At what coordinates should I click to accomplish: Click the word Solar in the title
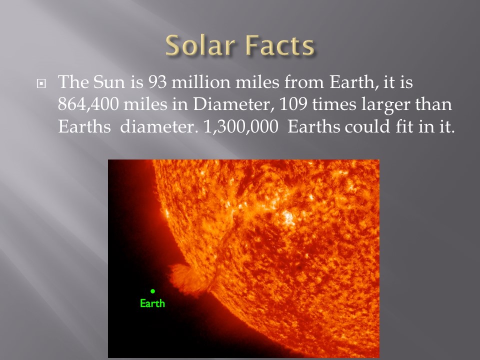[x=200, y=45]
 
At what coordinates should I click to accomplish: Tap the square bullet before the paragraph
[x=41, y=83]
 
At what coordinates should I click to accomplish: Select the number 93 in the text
[x=156, y=82]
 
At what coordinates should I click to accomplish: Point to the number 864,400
[x=88, y=104]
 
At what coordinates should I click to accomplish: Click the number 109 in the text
[x=293, y=104]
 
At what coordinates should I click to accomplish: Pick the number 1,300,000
[x=240, y=126]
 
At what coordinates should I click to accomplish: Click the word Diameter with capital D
[x=231, y=104]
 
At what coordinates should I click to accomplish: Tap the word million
[x=200, y=82]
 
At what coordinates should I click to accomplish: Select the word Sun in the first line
[x=109, y=82]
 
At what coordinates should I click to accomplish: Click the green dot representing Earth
[x=153, y=291]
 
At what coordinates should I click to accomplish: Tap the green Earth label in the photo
[x=152, y=303]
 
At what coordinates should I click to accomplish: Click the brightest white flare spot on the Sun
[x=288, y=217]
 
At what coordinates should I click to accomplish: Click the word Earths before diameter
[x=84, y=126]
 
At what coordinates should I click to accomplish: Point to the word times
[x=334, y=104]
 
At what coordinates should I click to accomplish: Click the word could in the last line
[x=367, y=126]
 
